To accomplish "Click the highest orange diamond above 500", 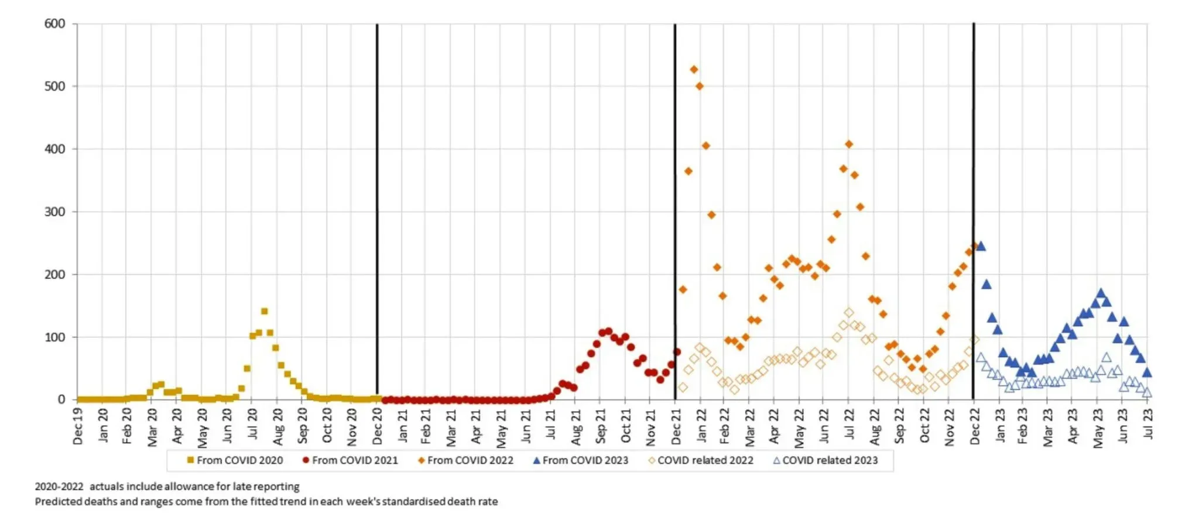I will pos(694,69).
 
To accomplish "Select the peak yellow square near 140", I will pos(264,311).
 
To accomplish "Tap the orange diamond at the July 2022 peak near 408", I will pos(849,144).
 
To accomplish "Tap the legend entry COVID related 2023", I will pos(825,460).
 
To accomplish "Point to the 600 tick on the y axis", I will pos(54,23).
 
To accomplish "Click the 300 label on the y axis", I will pos(54,212).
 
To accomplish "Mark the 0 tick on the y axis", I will pos(61,399).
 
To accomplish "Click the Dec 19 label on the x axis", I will pos(78,426).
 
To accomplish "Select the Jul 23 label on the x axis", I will pos(1148,423).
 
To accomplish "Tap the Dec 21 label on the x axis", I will pos(676,426).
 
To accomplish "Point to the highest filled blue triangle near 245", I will pos(981,246).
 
